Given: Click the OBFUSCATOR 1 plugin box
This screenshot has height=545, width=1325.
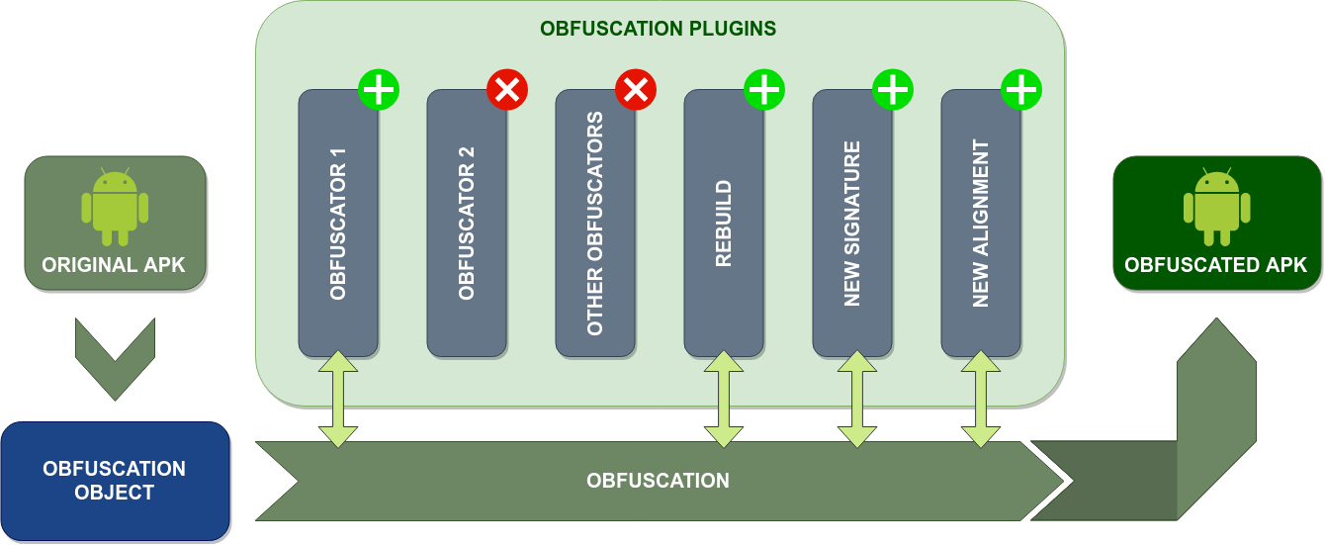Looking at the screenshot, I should pyautogui.click(x=338, y=223).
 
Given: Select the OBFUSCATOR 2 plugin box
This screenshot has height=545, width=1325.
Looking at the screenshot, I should pyautogui.click(x=467, y=223).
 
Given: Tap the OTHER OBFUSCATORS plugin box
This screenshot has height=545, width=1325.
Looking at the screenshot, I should pyautogui.click(x=595, y=223).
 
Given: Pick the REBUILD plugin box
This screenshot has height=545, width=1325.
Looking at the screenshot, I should pyautogui.click(x=724, y=223).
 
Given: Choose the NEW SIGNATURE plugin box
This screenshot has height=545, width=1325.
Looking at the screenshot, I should pyautogui.click(x=852, y=223).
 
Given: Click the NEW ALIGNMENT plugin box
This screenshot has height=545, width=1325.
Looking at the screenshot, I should pyautogui.click(x=981, y=223).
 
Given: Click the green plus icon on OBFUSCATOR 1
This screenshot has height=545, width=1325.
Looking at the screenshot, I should pyautogui.click(x=379, y=90).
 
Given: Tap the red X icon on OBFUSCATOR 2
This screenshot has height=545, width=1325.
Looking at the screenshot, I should pyautogui.click(x=507, y=90).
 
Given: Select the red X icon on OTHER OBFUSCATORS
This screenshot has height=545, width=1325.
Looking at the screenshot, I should pyautogui.click(x=636, y=90).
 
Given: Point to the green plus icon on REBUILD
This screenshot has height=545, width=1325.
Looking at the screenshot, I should pyautogui.click(x=764, y=90).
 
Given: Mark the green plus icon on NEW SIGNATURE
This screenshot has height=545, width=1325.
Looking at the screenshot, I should pyautogui.click(x=893, y=90).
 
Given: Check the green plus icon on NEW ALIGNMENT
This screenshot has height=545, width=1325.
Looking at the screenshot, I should pyautogui.click(x=1021, y=90).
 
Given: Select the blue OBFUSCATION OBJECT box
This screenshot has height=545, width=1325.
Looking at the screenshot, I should pyautogui.click(x=115, y=481).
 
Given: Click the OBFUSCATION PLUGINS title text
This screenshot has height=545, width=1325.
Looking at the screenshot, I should pyautogui.click(x=658, y=29).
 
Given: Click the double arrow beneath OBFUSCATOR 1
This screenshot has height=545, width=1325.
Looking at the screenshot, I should pyautogui.click(x=338, y=399).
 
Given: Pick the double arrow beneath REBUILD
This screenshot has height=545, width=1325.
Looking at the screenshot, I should pyautogui.click(x=724, y=399).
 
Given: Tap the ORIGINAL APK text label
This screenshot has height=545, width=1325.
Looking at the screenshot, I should pyautogui.click(x=114, y=265).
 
